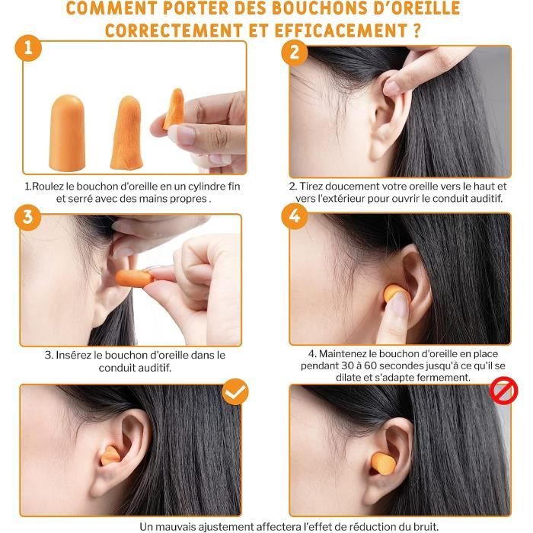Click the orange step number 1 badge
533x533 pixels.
[x=28, y=48]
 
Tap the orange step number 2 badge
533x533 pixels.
[x=295, y=53]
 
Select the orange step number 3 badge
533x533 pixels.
[x=28, y=217]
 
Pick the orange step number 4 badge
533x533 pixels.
[x=295, y=216]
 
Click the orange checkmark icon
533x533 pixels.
[x=235, y=391]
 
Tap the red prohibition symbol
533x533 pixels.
[x=504, y=391]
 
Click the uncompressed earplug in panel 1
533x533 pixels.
[x=67, y=132]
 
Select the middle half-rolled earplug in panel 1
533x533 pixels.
[x=126, y=132]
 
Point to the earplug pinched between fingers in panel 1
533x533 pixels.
[x=174, y=108]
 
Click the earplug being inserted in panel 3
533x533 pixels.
[x=135, y=279]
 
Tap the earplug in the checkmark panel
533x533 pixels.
[x=110, y=455]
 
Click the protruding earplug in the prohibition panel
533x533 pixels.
[x=383, y=463]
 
